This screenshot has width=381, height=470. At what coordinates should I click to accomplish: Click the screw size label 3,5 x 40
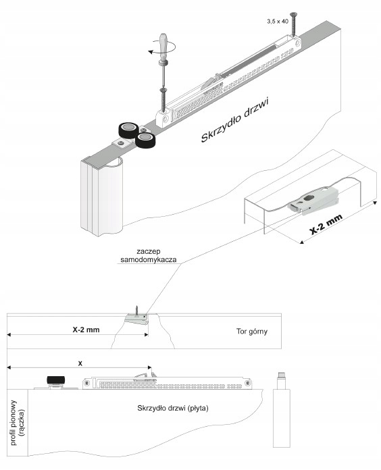pyautogui.click(x=278, y=22)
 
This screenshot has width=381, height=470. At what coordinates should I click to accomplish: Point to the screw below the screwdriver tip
pyautogui.click(x=163, y=100)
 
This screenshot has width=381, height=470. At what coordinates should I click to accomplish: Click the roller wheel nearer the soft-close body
pyautogui.click(x=145, y=140)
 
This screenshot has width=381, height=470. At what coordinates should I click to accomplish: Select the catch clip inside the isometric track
pyautogui.click(x=313, y=201)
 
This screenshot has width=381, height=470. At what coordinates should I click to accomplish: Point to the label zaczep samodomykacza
pyautogui.click(x=149, y=255)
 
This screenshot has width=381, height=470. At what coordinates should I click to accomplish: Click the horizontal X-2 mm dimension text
pyautogui.click(x=86, y=330)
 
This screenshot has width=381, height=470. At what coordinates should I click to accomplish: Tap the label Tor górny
pyautogui.click(x=252, y=331)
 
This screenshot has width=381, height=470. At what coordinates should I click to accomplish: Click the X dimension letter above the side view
pyautogui.click(x=80, y=363)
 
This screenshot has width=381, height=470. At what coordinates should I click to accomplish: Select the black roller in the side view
pyautogui.click(x=56, y=380)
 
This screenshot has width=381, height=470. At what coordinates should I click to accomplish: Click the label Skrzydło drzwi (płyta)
pyautogui.click(x=173, y=408)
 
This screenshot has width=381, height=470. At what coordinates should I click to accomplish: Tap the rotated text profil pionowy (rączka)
pyautogui.click(x=18, y=423)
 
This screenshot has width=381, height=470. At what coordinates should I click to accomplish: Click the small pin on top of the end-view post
pyautogui.click(x=282, y=375)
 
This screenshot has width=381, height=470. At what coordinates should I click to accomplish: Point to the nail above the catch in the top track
pyautogui.click(x=136, y=311)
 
